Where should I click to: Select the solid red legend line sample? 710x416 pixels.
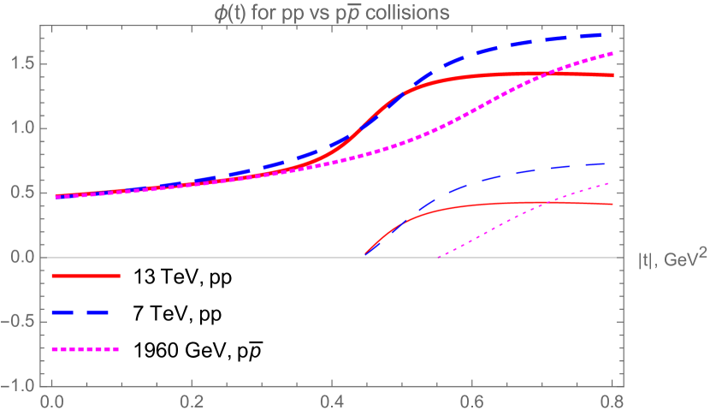pos(86,276)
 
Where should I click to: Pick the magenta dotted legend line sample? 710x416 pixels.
pos(86,349)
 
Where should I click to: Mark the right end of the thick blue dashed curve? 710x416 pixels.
pos(612,34)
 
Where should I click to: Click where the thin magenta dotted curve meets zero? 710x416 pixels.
pos(438,257)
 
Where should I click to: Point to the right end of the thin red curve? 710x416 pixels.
pos(612,205)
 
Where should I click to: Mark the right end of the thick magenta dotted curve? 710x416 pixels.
pos(612,54)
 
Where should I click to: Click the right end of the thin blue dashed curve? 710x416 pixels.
pos(612,163)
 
